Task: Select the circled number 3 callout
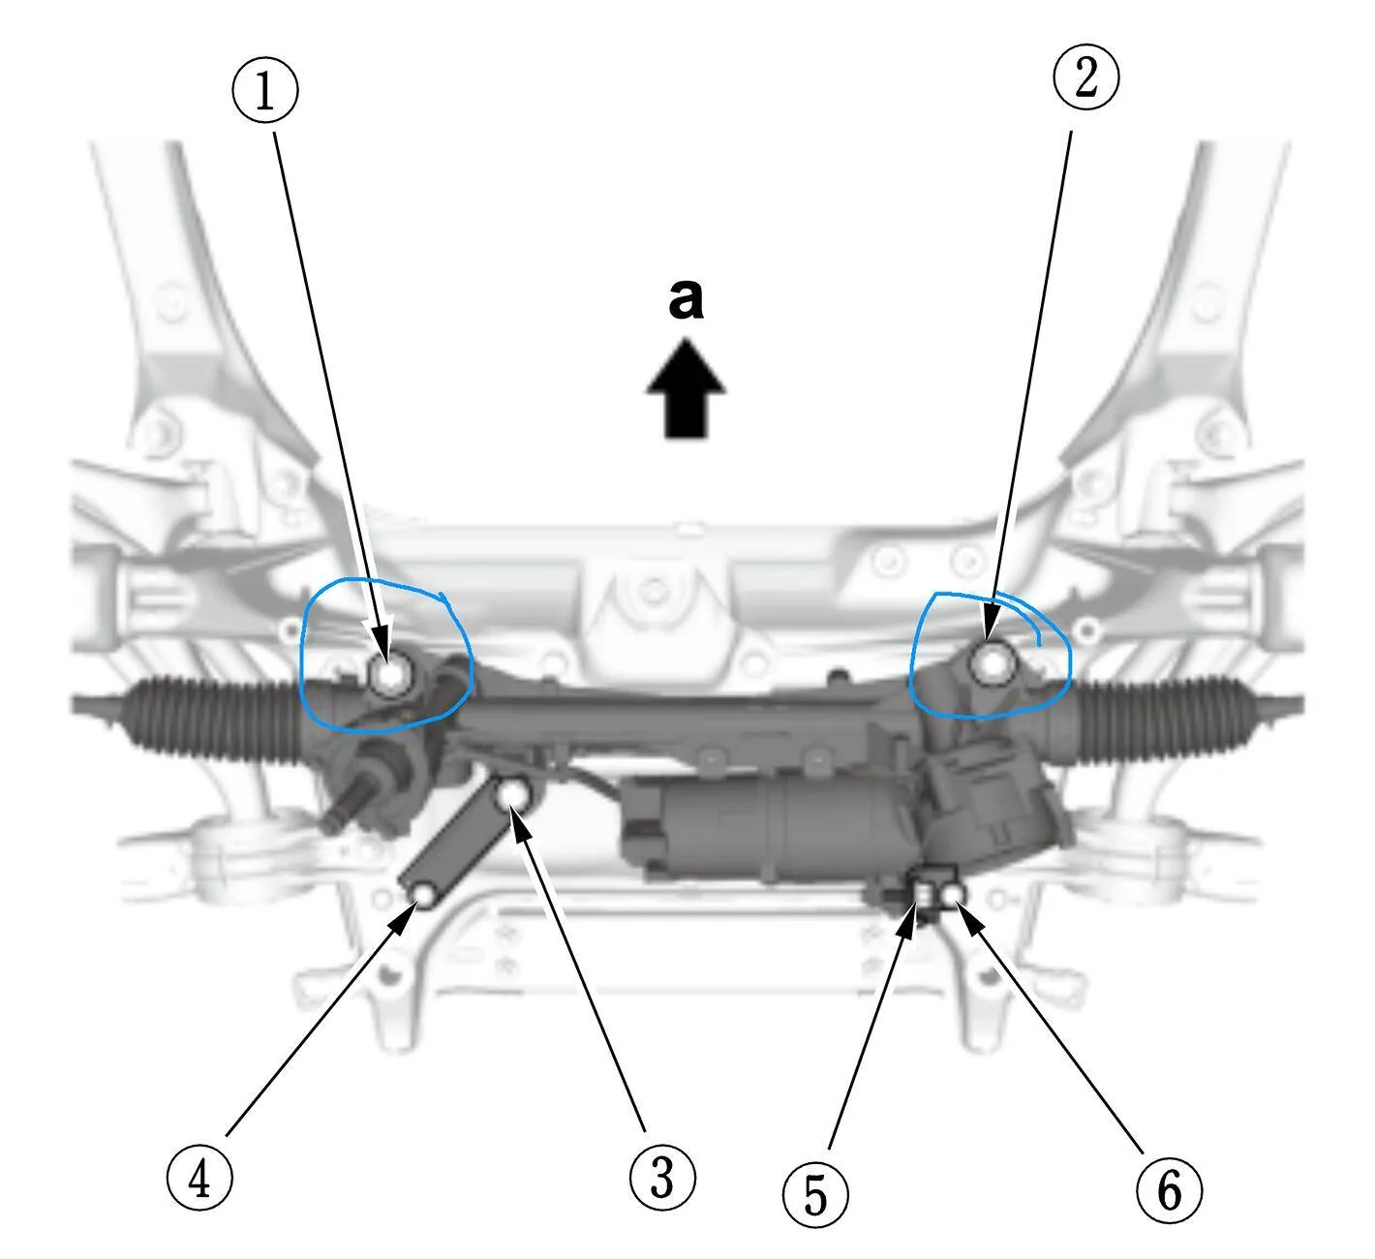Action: pos(662,1175)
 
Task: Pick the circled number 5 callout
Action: pos(815,1195)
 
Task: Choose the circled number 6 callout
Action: pos(1169,1187)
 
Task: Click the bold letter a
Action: pos(686,300)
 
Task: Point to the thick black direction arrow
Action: pos(686,389)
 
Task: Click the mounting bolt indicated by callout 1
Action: pos(390,675)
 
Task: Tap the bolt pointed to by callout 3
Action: pos(514,795)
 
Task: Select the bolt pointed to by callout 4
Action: pos(424,897)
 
